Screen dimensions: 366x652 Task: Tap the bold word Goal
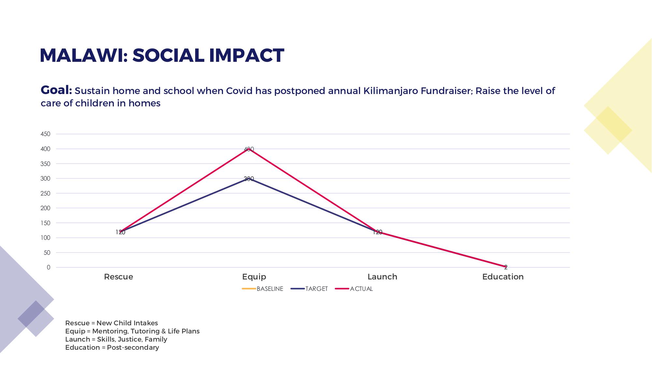coord(56,90)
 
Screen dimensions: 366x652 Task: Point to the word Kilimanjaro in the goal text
coord(390,91)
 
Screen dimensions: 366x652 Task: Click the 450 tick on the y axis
coord(45,134)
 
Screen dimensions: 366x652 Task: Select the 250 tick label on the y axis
coord(45,194)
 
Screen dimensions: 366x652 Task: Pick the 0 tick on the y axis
coord(49,267)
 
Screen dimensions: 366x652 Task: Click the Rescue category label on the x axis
coord(118,277)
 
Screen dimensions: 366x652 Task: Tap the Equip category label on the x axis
coord(254,277)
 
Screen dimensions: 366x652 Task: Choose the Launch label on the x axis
coord(382,277)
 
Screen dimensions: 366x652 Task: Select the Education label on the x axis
coord(503,277)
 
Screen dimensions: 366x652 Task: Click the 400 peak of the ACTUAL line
coord(249,149)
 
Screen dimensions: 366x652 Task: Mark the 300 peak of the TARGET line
coord(249,179)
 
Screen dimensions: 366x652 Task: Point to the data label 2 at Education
coord(506,267)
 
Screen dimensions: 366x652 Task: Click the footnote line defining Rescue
coord(111,323)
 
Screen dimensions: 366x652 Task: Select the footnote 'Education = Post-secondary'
coord(112,347)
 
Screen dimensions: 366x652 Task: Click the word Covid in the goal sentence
coord(239,91)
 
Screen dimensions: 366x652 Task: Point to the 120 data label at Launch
coord(377,232)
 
